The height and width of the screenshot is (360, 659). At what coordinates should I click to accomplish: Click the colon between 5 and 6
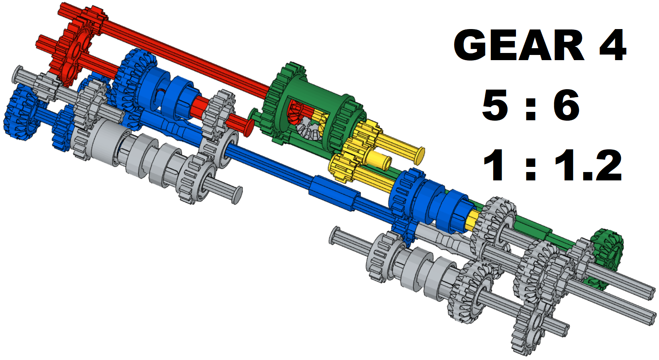pyautogui.click(x=531, y=109)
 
